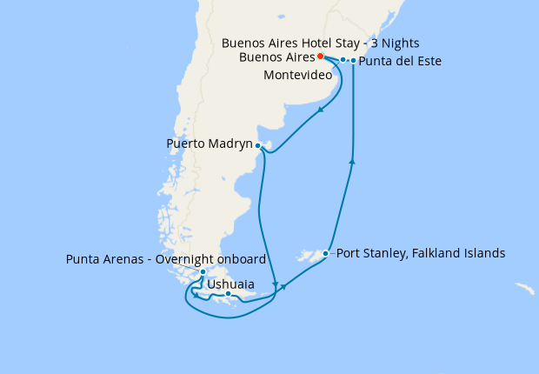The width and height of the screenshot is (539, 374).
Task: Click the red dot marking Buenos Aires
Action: (x=321, y=56)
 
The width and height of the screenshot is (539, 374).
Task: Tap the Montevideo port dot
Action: (x=343, y=60)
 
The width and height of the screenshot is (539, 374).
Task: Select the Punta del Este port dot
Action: (x=353, y=61)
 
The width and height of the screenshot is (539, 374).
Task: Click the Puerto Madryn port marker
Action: (x=258, y=145)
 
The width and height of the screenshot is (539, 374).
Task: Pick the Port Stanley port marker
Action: (x=325, y=254)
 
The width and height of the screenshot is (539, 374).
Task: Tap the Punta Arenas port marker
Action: (x=203, y=272)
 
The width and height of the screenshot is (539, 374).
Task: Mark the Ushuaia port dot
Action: (x=228, y=294)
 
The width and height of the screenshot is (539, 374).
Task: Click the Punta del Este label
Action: (x=400, y=62)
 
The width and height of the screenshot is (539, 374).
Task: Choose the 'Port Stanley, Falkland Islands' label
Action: (x=420, y=254)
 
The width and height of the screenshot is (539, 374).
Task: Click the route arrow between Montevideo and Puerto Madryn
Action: (x=321, y=109)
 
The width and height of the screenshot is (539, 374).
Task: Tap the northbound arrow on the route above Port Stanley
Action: (x=352, y=160)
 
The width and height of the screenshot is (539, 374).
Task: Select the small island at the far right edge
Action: (x=524, y=288)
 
